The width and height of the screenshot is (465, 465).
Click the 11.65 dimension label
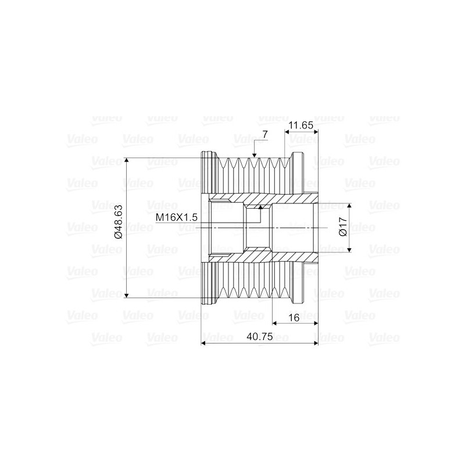pyautogui.click(x=301, y=125)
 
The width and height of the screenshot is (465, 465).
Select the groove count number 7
pyautogui.click(x=264, y=135)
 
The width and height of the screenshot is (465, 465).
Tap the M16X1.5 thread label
pyautogui.click(x=177, y=217)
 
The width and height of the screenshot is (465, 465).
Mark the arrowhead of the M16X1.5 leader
pyautogui.click(x=260, y=207)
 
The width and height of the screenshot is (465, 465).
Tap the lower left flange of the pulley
pyautogui.click(x=208, y=285)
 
